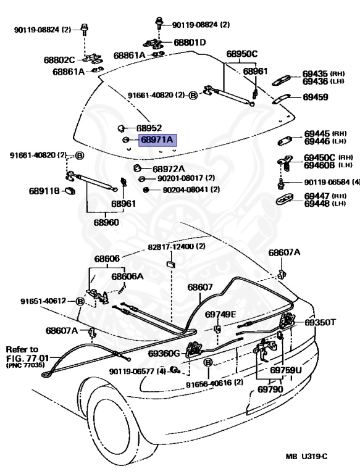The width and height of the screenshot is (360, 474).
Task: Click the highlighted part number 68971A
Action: tap(157, 140)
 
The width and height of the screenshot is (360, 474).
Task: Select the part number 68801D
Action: tap(190, 43)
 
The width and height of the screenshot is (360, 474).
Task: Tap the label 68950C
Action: tap(241, 54)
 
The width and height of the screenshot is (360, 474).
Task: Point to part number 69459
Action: tap(315, 97)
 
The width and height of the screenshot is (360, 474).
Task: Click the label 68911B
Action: tap(44, 191)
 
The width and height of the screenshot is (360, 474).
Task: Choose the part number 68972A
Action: tap(169, 168)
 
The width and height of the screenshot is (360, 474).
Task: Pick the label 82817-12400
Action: tap(170, 247)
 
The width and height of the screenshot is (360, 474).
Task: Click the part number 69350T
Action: tap(320, 322)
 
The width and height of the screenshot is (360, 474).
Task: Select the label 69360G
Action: tap(164, 353)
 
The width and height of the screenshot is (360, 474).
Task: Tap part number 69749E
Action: tap(220, 314)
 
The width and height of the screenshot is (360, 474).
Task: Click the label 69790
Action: tap(270, 389)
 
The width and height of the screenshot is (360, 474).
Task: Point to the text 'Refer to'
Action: tap(22, 350)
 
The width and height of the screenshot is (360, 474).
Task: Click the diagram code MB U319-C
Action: tap(306, 456)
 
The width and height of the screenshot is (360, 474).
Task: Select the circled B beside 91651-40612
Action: tap(80, 301)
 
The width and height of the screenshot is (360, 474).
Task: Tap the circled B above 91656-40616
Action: tap(209, 362)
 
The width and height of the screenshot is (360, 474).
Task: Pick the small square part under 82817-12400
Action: tap(171, 265)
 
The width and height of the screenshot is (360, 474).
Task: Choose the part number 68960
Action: tap(106, 222)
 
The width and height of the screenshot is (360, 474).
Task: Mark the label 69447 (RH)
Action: tap(325, 196)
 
